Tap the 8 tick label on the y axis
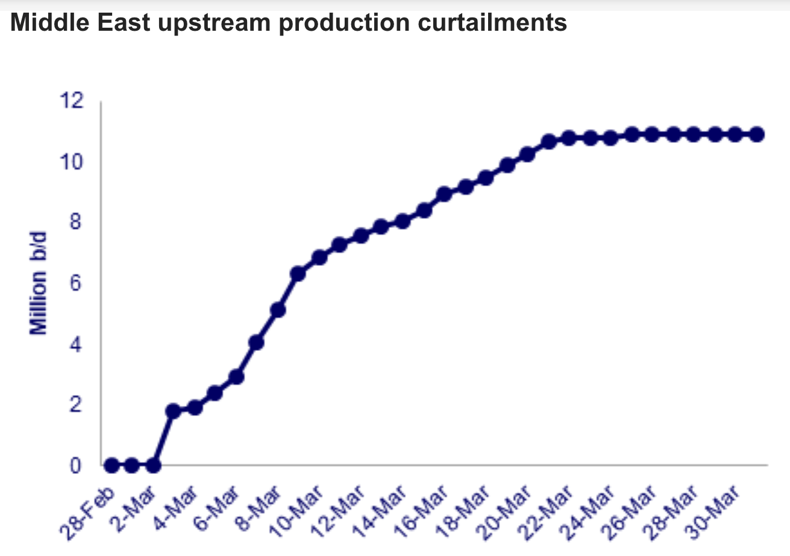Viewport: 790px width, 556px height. tap(75, 223)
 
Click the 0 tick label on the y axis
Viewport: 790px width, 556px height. tap(75, 466)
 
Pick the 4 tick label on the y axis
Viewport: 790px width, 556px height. tap(75, 344)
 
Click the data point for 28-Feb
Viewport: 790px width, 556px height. tap(111, 466)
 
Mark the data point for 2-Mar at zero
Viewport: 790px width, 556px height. tap(153, 466)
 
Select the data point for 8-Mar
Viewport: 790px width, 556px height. tap(277, 310)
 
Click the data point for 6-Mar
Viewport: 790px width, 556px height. tap(236, 377)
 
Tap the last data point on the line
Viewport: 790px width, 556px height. tap(757, 134)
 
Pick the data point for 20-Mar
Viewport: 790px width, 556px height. tap(527, 154)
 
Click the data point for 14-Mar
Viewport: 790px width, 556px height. tap(403, 221)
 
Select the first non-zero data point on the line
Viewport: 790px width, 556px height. tap(174, 411)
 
